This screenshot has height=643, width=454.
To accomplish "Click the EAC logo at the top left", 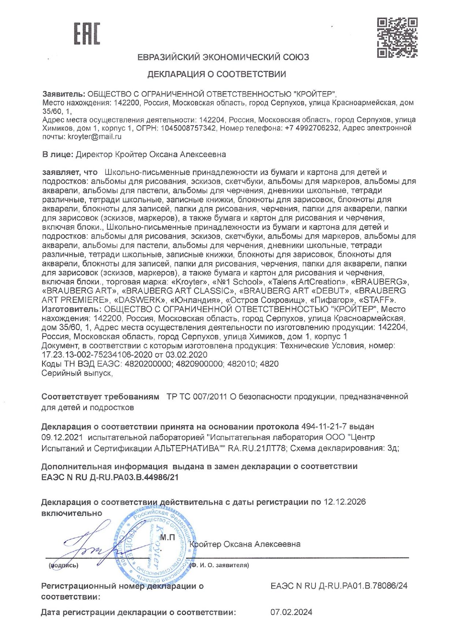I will [x=87, y=34].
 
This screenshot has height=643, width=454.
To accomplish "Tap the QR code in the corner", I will [x=397, y=38].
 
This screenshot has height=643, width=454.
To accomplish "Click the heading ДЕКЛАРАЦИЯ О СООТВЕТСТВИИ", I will [x=216, y=74].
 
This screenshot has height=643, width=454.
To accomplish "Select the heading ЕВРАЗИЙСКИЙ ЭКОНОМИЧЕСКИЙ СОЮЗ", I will [x=223, y=57].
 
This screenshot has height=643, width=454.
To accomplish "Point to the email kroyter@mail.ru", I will [x=95, y=137].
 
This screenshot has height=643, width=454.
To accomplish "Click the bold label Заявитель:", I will [x=64, y=94].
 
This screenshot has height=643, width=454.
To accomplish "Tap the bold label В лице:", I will [x=57, y=155].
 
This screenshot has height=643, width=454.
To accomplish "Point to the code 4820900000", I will [x=200, y=364].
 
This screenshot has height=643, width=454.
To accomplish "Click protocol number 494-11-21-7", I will [x=324, y=426].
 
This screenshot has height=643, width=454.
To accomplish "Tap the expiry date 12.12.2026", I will [x=345, y=502].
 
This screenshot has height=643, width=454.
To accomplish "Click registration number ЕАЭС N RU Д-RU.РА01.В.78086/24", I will [x=339, y=586].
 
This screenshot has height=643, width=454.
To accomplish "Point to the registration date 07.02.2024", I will [x=291, y=612].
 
